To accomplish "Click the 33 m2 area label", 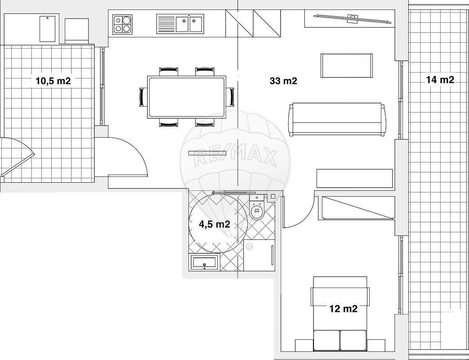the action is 283,81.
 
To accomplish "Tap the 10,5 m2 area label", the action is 53,81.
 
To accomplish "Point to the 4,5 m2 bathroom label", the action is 214,224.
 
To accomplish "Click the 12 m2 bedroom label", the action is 344,309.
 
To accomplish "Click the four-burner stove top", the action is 123,24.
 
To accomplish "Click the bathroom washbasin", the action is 204,262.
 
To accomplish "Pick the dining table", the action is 187,97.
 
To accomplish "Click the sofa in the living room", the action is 337,119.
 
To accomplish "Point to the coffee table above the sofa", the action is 347,66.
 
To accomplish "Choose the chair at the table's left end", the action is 143,97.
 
